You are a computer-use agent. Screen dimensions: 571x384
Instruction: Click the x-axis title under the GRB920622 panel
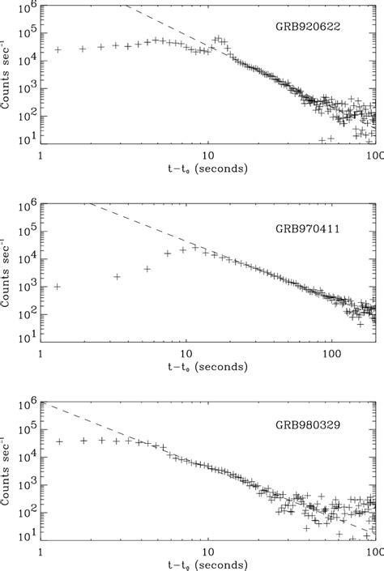click(207, 168)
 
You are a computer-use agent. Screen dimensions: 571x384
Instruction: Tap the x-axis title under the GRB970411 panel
click(207, 367)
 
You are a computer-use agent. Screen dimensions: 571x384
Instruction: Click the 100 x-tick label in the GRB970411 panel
click(330, 353)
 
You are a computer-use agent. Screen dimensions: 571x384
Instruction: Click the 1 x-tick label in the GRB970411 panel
click(41, 353)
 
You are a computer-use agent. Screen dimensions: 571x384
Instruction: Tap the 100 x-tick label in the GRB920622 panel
click(372, 155)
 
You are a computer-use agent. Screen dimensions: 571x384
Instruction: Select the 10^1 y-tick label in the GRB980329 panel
click(27, 536)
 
